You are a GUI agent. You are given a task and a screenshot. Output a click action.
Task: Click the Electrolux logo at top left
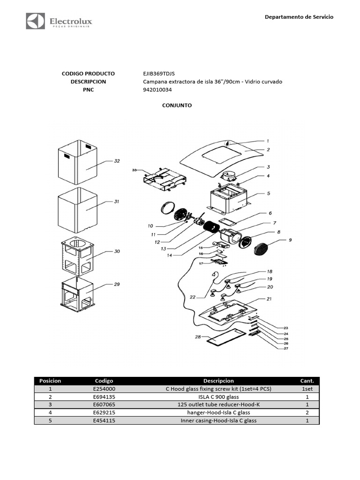point(59,22)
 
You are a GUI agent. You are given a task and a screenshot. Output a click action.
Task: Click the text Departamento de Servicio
point(299,17)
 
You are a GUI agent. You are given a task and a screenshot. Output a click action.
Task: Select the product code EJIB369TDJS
point(159,74)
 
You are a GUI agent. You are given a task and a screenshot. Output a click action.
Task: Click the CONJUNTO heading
point(177,105)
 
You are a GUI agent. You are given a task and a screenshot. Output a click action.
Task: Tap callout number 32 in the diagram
point(117,161)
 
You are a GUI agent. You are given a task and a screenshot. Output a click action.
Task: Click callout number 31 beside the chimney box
point(116,202)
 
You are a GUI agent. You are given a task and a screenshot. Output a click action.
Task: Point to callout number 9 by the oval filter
point(290,240)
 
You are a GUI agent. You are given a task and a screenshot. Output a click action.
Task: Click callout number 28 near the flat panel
point(198,337)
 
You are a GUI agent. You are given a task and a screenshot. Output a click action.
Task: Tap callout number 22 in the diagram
point(193,297)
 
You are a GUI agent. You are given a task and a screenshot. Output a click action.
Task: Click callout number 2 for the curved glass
point(269,150)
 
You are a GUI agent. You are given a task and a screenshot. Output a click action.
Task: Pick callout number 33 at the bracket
point(134,170)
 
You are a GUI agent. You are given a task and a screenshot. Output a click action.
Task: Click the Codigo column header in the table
point(104,381)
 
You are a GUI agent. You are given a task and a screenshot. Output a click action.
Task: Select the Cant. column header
point(307,381)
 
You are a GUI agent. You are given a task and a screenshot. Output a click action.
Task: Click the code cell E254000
point(104,389)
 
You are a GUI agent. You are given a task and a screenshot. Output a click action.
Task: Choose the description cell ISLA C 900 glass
point(218,397)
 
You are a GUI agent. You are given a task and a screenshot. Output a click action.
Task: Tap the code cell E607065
point(104,405)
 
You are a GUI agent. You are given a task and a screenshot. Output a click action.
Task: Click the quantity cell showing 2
point(307,412)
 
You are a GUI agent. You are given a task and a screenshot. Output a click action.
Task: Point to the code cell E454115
point(104,420)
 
